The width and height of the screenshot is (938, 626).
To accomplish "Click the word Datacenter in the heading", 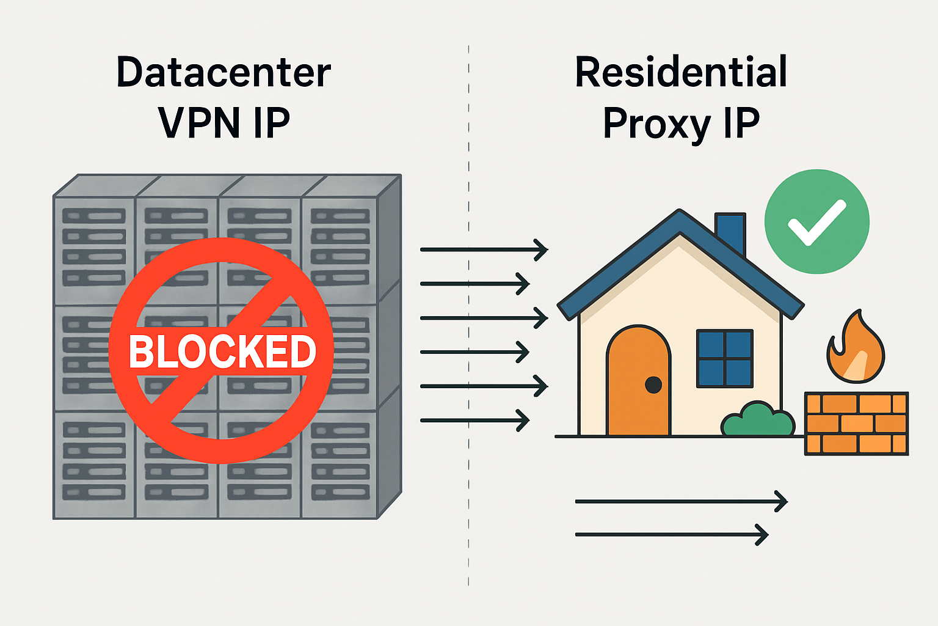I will click(x=224, y=72).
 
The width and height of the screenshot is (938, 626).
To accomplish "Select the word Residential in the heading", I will click(x=681, y=72).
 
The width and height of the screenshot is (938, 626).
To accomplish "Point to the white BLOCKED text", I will click(x=222, y=352).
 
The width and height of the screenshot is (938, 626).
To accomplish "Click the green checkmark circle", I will click(x=816, y=221).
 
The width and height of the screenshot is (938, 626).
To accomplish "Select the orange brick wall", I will click(x=856, y=423).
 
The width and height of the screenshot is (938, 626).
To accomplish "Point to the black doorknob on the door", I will click(x=653, y=385).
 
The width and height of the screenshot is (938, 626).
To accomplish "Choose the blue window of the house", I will click(x=725, y=358).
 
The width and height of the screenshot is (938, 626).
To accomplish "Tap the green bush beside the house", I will click(x=757, y=421).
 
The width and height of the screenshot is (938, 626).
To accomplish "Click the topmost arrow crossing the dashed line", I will click(x=484, y=249).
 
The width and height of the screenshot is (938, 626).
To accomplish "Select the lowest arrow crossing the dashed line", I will click(x=474, y=421).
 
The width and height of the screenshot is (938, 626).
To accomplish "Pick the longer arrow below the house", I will click(x=681, y=501).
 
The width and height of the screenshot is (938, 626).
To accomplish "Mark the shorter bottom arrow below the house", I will click(x=671, y=535).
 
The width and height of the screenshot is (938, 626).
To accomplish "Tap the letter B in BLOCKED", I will click(x=140, y=352).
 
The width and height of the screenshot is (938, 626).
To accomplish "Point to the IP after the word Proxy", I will click(x=741, y=123).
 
